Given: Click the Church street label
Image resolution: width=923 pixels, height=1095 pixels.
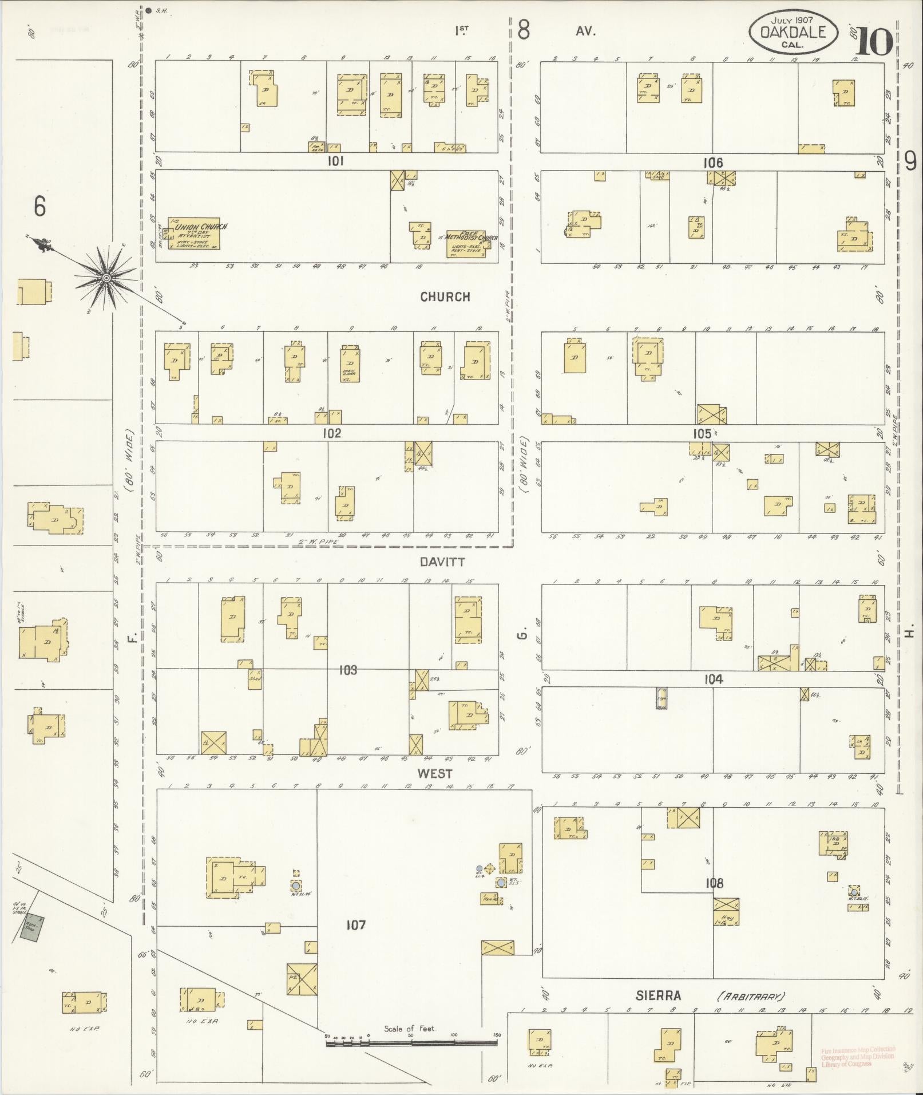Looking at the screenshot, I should click(x=445, y=297).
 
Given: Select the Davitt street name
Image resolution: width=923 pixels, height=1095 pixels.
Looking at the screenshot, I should click(x=442, y=562).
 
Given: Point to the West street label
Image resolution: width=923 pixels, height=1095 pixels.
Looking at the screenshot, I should click(x=434, y=773).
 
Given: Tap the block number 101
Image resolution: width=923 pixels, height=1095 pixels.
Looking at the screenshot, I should click(x=335, y=161).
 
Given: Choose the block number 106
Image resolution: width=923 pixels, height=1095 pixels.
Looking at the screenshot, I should click(x=713, y=163).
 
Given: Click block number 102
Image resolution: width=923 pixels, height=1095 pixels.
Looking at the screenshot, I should click(x=331, y=433).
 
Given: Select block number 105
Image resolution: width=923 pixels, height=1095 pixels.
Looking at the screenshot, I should click(x=702, y=433).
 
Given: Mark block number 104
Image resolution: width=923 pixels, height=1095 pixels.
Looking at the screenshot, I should click(x=713, y=679).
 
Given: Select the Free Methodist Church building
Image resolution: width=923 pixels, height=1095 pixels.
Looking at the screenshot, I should click(x=466, y=244).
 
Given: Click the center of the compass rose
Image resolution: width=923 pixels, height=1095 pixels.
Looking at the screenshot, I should click(x=106, y=278).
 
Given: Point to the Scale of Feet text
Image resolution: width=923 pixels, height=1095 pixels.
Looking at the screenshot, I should click(x=409, y=1029).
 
